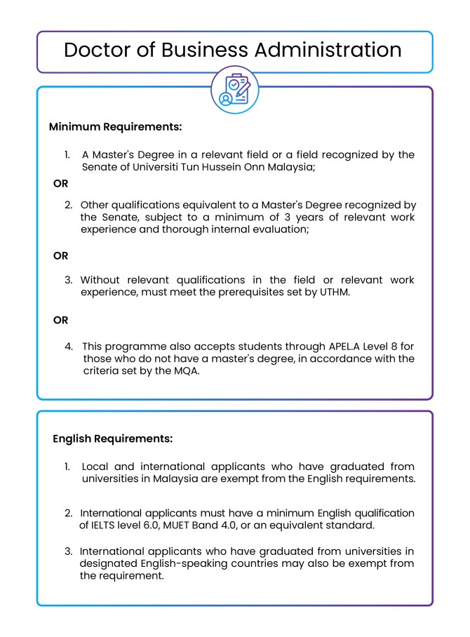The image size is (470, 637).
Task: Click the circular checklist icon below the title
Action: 235,89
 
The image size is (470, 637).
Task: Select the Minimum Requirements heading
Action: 115,127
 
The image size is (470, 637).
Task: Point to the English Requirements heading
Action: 112,438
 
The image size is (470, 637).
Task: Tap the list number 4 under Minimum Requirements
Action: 69,346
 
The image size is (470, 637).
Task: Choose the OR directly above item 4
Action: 60,320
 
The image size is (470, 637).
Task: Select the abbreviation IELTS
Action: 102,525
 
